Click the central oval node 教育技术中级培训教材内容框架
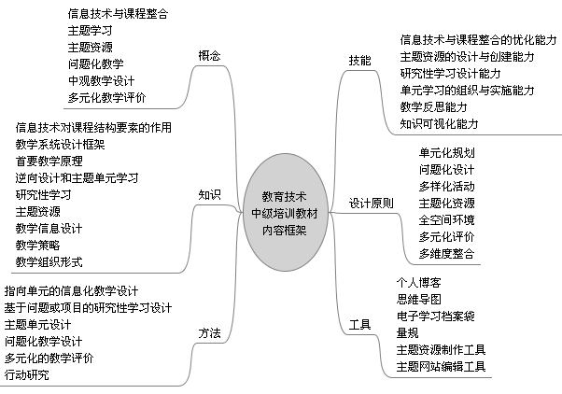click(286, 212)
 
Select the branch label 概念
click(209, 56)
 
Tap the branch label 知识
click(209, 195)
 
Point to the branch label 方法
click(209, 333)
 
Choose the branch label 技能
click(359, 61)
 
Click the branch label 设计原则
click(372, 204)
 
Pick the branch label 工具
click(359, 325)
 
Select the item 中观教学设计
click(102, 80)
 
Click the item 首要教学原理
click(49, 161)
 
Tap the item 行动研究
click(26, 375)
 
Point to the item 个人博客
click(418, 283)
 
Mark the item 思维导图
click(418, 300)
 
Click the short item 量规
click(408, 333)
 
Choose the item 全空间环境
click(446, 219)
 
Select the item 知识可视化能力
click(440, 124)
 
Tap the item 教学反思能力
click(434, 106)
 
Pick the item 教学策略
click(37, 246)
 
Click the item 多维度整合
click(446, 253)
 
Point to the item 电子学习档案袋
click(435, 317)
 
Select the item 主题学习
click(91, 31)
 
